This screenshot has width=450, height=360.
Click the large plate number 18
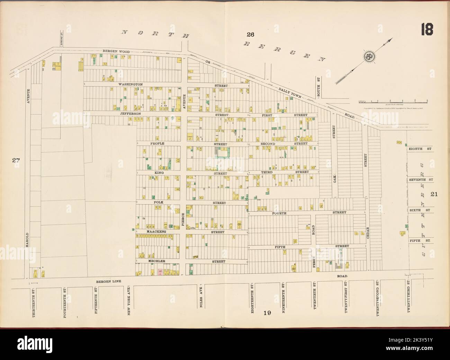click(426, 29)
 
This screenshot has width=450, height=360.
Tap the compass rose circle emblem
click(369, 55)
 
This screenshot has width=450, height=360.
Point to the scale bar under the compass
click(393, 102)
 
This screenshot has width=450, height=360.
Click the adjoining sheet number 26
click(250, 34)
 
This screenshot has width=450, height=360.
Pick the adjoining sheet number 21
click(434, 194)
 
